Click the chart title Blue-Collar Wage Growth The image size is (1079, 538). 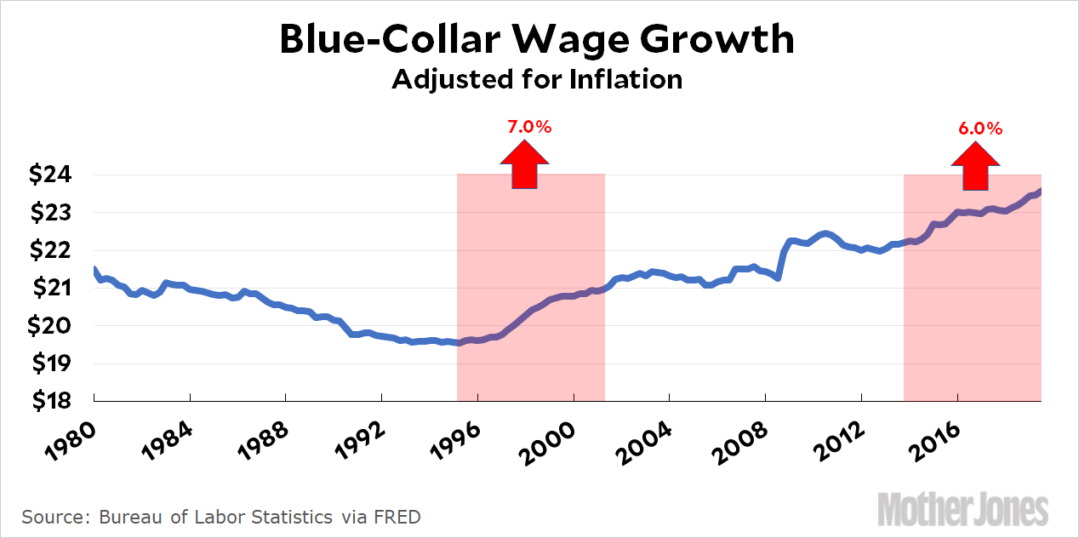click(x=537, y=40)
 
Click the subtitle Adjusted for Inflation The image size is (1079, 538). click(x=537, y=79)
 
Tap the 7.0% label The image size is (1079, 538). click(x=529, y=127)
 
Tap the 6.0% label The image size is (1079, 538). click(x=980, y=129)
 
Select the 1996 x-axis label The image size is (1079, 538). click(x=453, y=438)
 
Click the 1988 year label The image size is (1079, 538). click(x=260, y=438)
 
